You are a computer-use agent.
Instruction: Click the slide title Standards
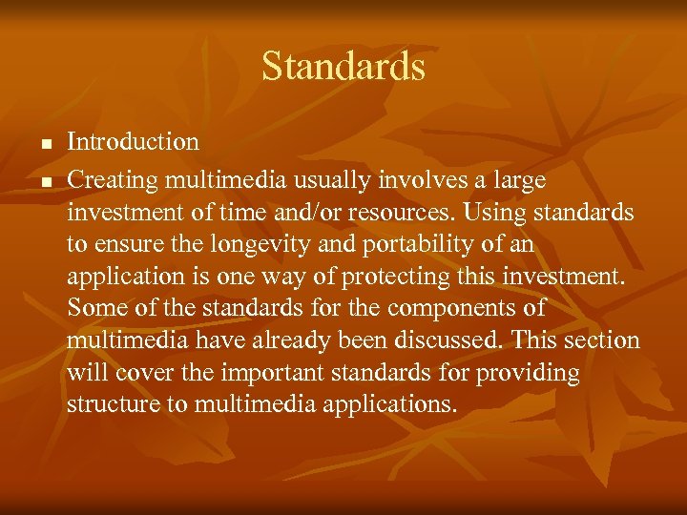point(343,67)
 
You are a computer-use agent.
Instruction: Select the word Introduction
point(133,142)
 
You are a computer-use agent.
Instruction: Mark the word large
point(520,178)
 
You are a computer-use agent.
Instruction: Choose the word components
point(452,309)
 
